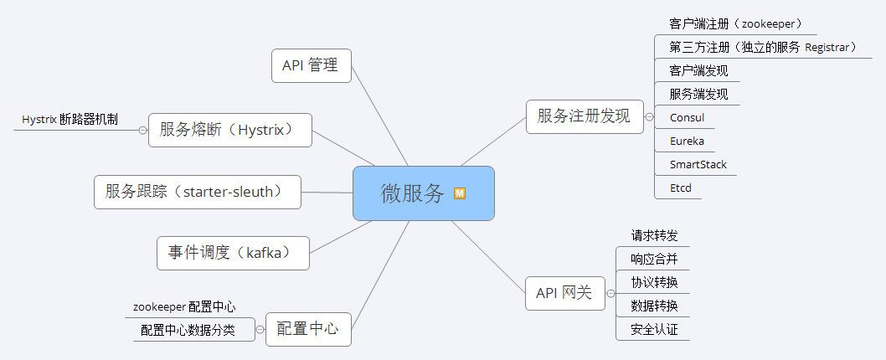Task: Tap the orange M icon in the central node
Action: pyautogui.click(x=459, y=193)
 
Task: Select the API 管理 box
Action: pyautogui.click(x=311, y=65)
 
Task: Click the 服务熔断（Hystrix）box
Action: pyautogui.click(x=229, y=130)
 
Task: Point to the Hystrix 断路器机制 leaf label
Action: pyautogui.click(x=70, y=120)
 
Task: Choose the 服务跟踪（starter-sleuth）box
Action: pyautogui.click(x=198, y=192)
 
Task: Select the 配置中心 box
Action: pyautogui.click(x=308, y=329)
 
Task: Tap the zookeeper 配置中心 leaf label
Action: pyautogui.click(x=184, y=307)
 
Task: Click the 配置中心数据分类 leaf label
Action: pyautogui.click(x=188, y=330)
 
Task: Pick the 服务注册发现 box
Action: pyautogui.click(x=583, y=116)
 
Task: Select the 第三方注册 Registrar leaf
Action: pyautogui.click(x=762, y=48)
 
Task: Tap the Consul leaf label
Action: pyautogui.click(x=687, y=117)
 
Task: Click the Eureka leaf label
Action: pyautogui.click(x=687, y=141)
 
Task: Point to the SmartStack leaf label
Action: pyautogui.click(x=698, y=164)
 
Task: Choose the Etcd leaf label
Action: pyautogui.click(x=680, y=188)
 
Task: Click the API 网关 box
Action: pyautogui.click(x=564, y=293)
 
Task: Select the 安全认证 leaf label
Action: pyautogui.click(x=654, y=329)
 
